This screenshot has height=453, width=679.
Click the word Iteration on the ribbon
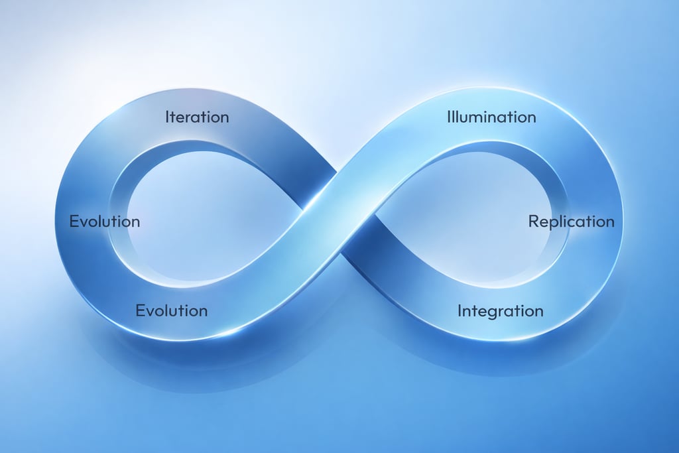coord(197,117)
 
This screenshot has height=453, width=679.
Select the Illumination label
coord(491,117)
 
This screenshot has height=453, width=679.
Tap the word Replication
coord(571,222)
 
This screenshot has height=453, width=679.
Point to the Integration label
coord(500,310)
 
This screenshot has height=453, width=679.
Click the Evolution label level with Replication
coord(105,222)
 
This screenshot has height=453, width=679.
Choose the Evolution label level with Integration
coord(171,310)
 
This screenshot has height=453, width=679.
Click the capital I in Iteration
coord(167,117)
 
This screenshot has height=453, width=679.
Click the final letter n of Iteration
coord(224,118)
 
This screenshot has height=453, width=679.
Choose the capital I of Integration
coord(460,310)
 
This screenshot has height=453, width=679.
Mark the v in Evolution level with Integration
coord(149,311)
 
